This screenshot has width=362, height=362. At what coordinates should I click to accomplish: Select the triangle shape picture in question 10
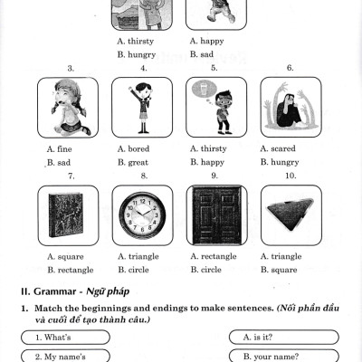(290, 214)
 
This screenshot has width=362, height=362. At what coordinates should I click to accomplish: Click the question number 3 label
(69, 68)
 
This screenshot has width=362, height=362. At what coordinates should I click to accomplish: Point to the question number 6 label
(290, 68)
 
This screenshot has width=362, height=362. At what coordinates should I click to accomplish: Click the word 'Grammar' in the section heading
(53, 291)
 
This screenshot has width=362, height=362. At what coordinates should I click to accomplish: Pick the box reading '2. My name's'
(65, 356)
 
